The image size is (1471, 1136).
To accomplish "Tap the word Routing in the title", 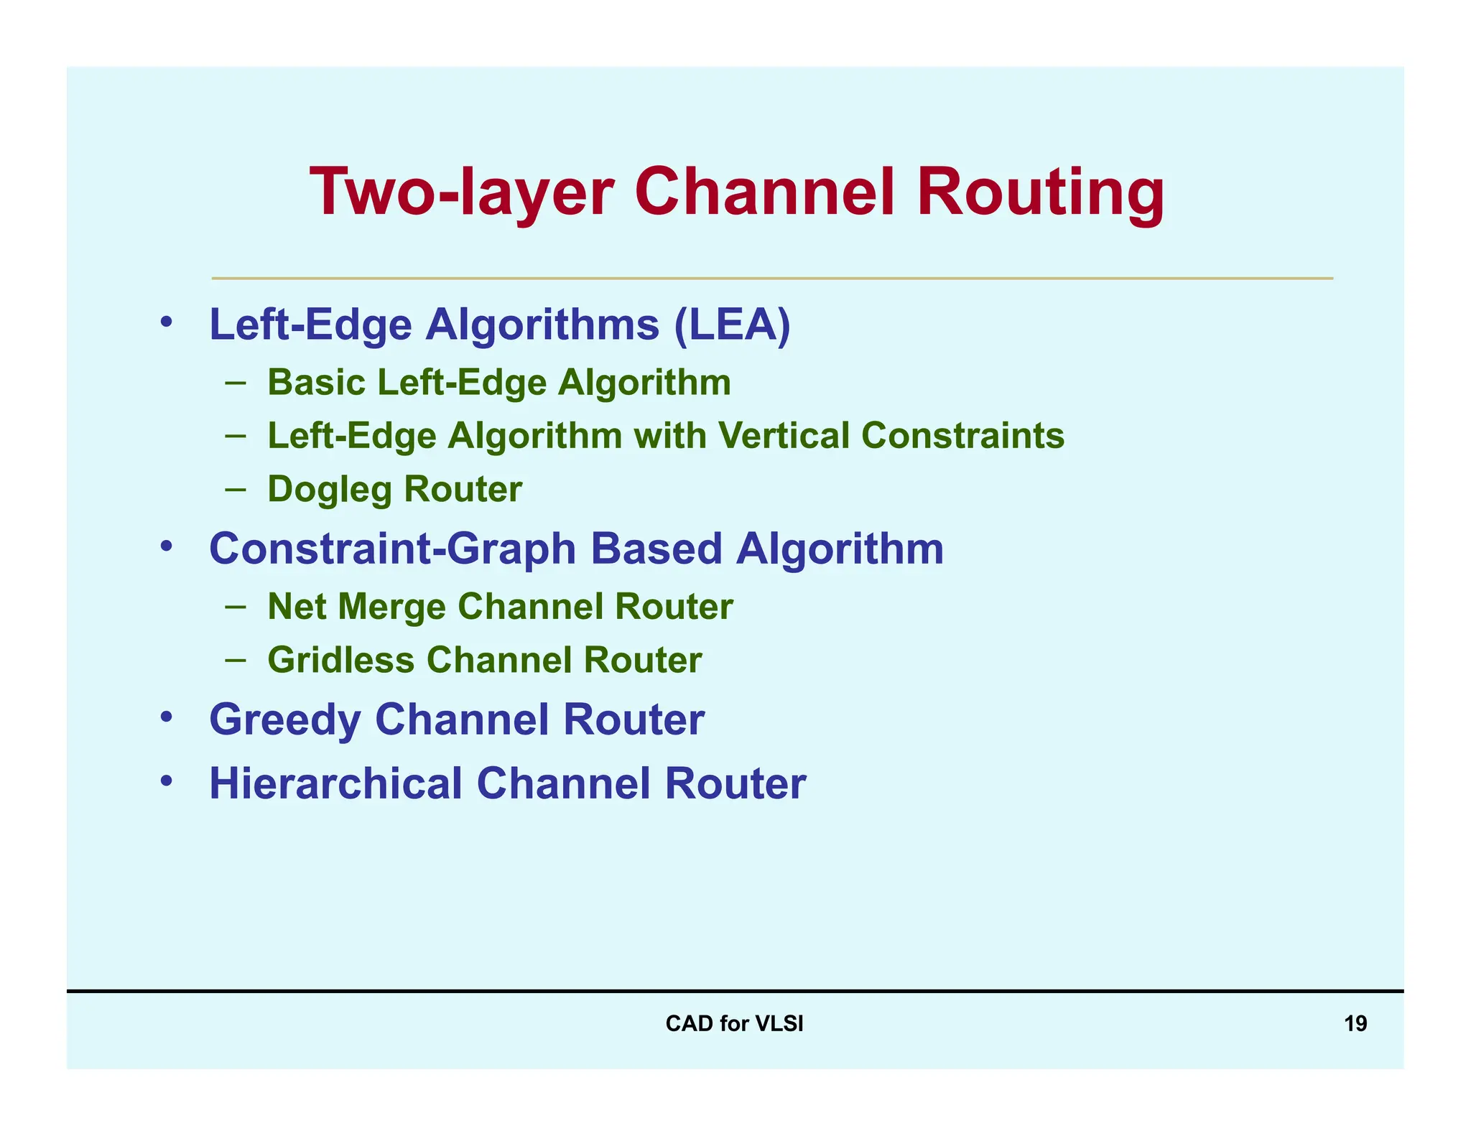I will point(1041,192).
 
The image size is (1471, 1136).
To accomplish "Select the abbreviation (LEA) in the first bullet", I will point(732,325).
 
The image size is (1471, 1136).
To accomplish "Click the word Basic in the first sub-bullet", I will point(317,382).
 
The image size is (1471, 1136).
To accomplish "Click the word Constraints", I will point(962,435).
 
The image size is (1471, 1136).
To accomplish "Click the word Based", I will point(656,549).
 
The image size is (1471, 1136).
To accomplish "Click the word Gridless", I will point(340,660).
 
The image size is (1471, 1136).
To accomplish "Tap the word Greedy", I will point(284,720).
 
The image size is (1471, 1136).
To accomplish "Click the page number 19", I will point(1355,1023).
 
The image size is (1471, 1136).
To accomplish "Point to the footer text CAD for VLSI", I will point(734,1023).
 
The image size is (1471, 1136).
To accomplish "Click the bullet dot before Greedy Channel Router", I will point(167,717).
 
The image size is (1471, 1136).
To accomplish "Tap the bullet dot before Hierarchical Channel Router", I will point(167,780).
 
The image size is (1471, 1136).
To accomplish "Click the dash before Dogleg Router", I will point(235,490).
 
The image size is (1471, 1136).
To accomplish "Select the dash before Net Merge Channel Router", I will point(235,607).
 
